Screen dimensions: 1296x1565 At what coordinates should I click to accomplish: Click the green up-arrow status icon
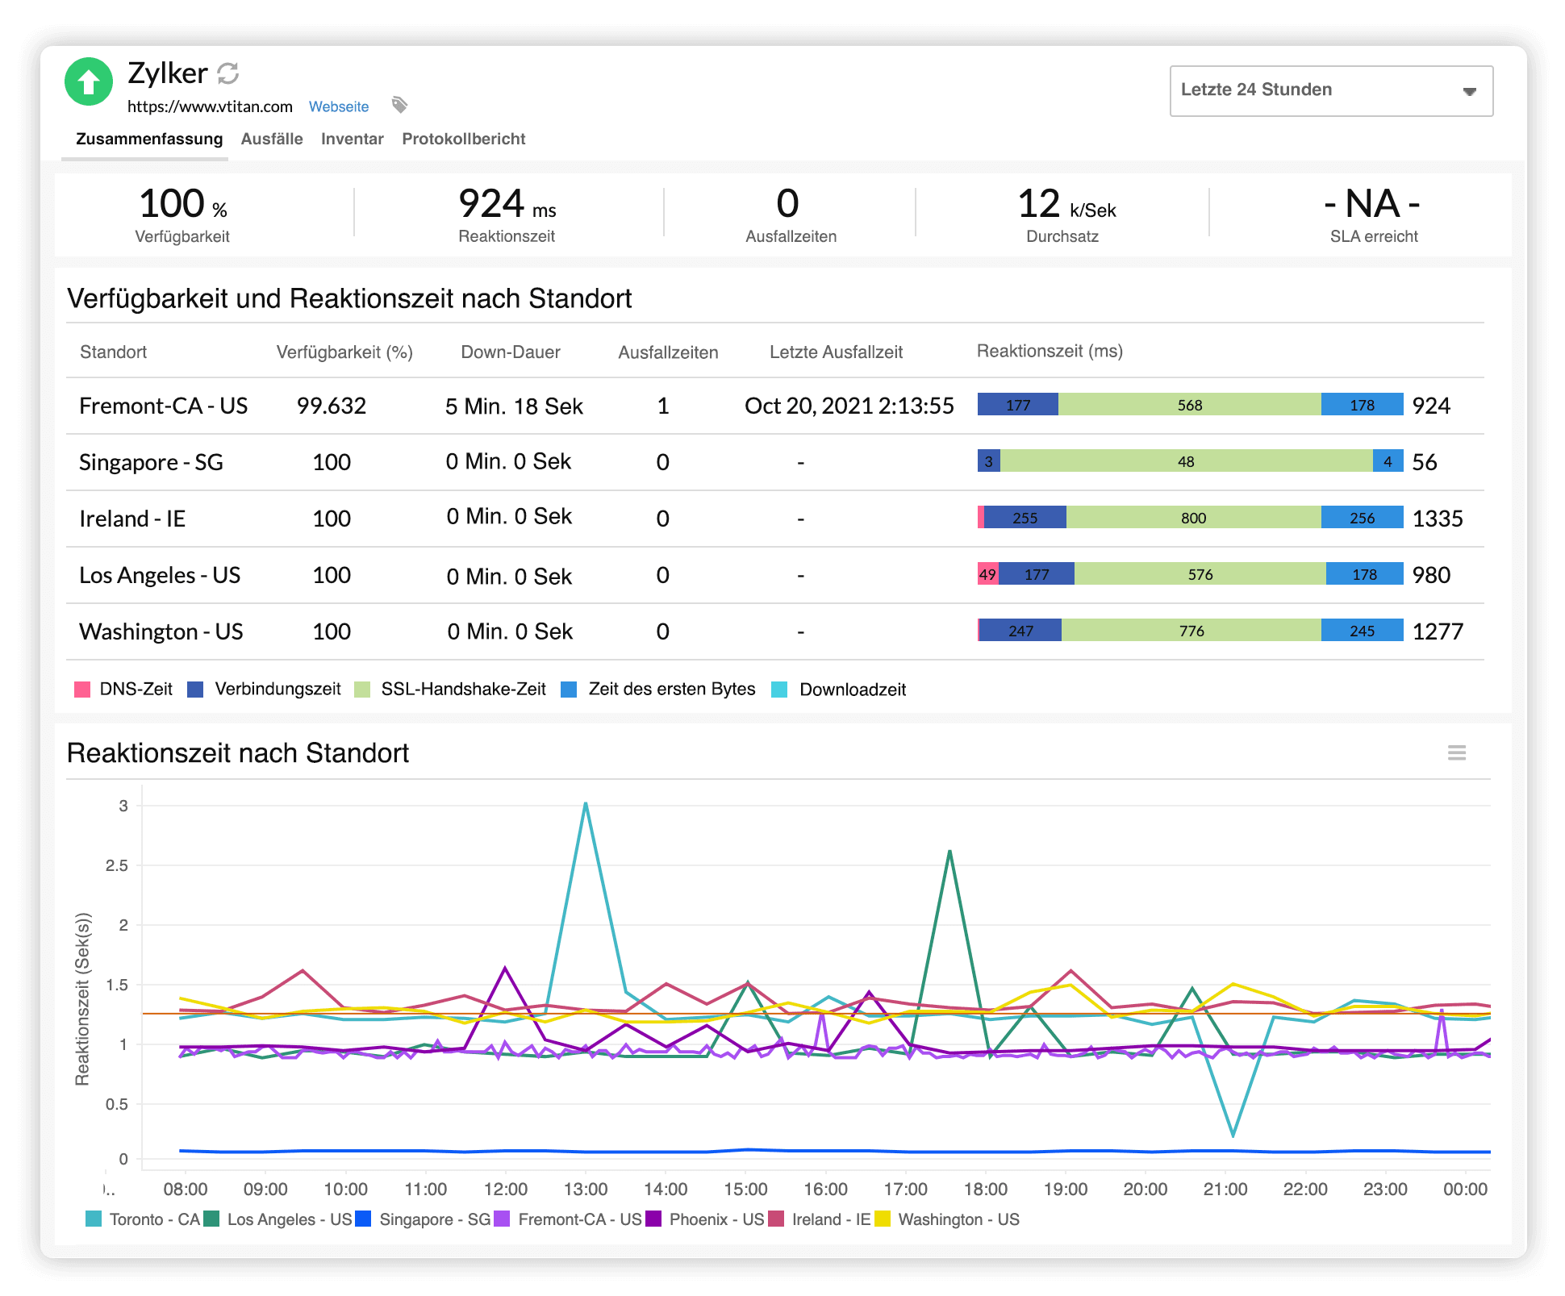pos(89,81)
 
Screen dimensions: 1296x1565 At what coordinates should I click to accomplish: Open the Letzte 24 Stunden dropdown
pos(1331,91)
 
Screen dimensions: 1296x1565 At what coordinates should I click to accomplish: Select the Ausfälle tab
pos(272,139)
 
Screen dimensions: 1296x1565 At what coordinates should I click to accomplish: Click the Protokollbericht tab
pos(463,139)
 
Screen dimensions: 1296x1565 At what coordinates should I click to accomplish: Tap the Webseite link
pos(339,106)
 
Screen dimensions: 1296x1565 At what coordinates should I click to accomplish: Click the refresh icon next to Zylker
pos(228,73)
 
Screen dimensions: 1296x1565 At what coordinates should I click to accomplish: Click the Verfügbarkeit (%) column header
pos(344,352)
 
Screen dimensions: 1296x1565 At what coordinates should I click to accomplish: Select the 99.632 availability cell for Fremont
pos(331,406)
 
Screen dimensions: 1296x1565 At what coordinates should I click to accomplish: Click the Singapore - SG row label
pos(151,462)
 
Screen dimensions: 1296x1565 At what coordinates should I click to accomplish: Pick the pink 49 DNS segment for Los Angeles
pos(987,574)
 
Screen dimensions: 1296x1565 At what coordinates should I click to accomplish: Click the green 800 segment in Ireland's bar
pos(1193,518)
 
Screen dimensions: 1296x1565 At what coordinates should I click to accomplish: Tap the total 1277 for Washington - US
pos(1438,631)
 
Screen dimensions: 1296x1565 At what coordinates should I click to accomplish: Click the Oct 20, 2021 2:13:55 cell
pos(849,406)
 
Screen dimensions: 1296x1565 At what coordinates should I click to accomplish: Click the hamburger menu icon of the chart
pos(1456,752)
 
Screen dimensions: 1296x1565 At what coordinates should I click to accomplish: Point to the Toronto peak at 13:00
pos(586,803)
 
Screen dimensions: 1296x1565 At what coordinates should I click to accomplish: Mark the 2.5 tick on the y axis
pos(117,865)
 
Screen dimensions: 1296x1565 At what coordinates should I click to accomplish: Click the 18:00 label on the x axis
pos(985,1189)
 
